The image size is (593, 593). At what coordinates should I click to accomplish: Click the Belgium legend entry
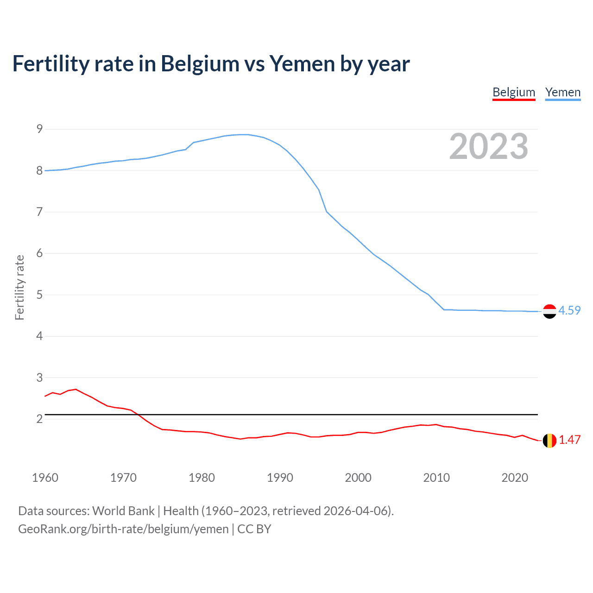[514, 92]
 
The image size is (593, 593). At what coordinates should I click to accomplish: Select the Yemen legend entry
[562, 92]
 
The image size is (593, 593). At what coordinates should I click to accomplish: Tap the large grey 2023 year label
[488, 146]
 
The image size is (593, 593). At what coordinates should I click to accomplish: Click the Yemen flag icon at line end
[549, 311]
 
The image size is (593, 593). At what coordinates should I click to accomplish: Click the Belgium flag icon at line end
[549, 441]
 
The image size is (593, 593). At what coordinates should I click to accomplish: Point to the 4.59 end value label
[569, 310]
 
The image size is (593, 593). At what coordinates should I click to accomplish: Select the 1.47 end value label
[569, 440]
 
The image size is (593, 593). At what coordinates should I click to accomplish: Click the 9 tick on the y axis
[39, 129]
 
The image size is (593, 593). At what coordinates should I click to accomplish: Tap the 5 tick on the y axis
[39, 295]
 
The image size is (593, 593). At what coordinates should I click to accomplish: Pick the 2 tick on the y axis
[39, 419]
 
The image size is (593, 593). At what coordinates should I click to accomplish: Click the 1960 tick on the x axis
[45, 478]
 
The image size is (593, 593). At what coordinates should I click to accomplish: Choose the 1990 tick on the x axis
[280, 478]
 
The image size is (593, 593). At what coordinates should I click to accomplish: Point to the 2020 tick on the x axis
[515, 478]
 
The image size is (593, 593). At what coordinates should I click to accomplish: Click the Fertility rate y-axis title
[19, 287]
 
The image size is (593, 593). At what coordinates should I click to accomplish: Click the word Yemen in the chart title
[302, 63]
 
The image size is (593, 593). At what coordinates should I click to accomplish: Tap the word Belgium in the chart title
[200, 63]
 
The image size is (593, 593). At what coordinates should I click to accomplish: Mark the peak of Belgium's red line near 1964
[76, 389]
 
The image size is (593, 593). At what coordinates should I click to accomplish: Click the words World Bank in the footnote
[123, 511]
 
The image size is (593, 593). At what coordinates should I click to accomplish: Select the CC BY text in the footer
[254, 529]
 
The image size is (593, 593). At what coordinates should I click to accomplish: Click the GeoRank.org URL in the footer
[123, 529]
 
